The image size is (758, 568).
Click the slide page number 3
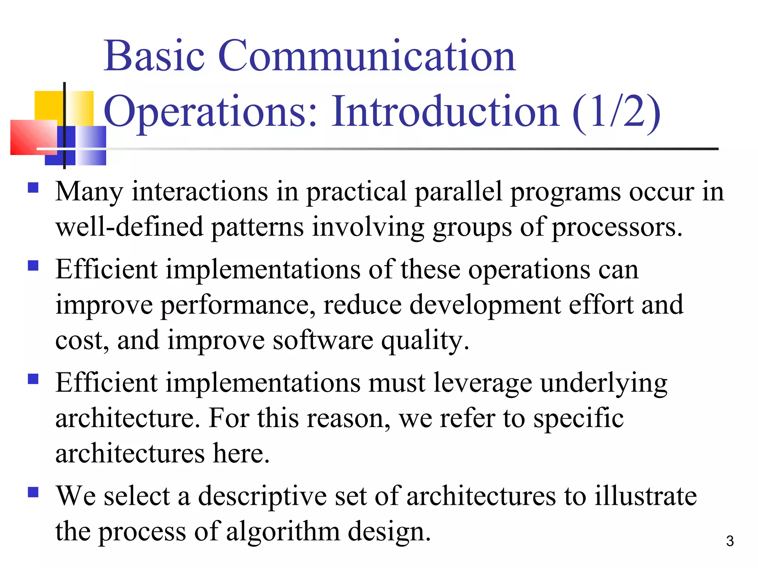click(x=730, y=541)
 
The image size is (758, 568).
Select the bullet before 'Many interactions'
click(x=33, y=188)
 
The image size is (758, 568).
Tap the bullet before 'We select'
click(x=33, y=492)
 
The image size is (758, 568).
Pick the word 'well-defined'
click(x=129, y=227)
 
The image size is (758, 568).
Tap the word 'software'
click(x=323, y=340)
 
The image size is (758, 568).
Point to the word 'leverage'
click(x=483, y=383)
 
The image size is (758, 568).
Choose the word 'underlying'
click(x=604, y=383)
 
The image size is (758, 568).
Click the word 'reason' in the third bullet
click(x=348, y=419)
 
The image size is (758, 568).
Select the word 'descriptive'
click(x=262, y=496)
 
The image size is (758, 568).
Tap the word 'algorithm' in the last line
click(x=283, y=532)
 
